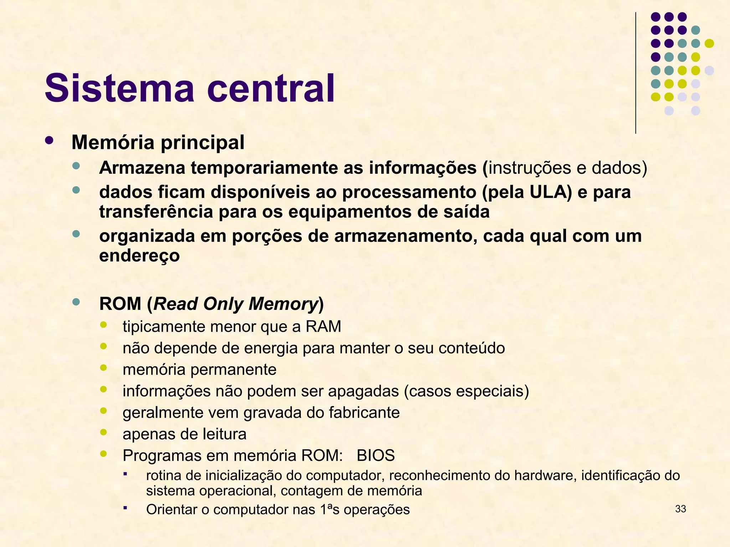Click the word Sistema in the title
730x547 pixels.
[120, 88]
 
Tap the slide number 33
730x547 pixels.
[680, 509]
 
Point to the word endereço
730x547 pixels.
[139, 256]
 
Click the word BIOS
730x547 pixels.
[376, 455]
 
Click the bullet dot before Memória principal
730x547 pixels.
[49, 140]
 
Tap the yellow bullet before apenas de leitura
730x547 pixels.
[103, 432]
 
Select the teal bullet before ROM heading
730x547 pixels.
[76, 302]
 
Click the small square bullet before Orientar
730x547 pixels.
[125, 507]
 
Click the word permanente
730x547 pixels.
[243, 370]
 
